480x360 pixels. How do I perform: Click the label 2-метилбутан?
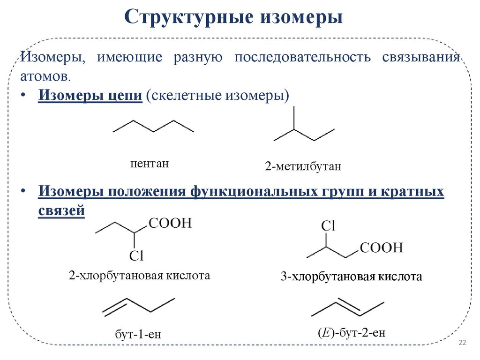pos(303,166)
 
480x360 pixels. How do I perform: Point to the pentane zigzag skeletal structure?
pos(153,127)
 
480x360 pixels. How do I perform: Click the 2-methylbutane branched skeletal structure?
pos(304,129)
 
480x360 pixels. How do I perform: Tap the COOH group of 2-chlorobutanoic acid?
pos(170,223)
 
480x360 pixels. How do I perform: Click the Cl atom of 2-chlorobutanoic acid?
pos(136,255)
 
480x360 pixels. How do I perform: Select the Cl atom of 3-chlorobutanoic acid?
pos(328,226)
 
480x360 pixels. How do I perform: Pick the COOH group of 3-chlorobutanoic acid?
pos(382,247)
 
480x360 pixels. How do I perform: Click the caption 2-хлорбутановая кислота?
pos(139,275)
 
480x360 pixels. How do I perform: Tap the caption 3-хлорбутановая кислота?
pos(352,277)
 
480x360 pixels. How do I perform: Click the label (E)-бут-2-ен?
pos(351,333)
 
